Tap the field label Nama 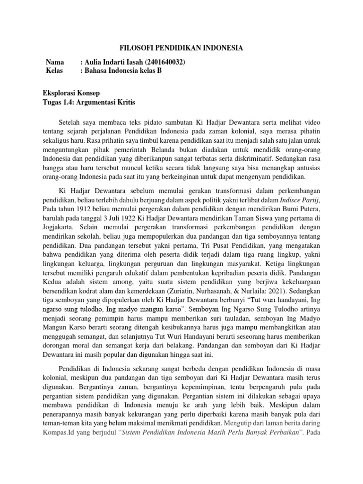point(54,62)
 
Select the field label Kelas point(54,71)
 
